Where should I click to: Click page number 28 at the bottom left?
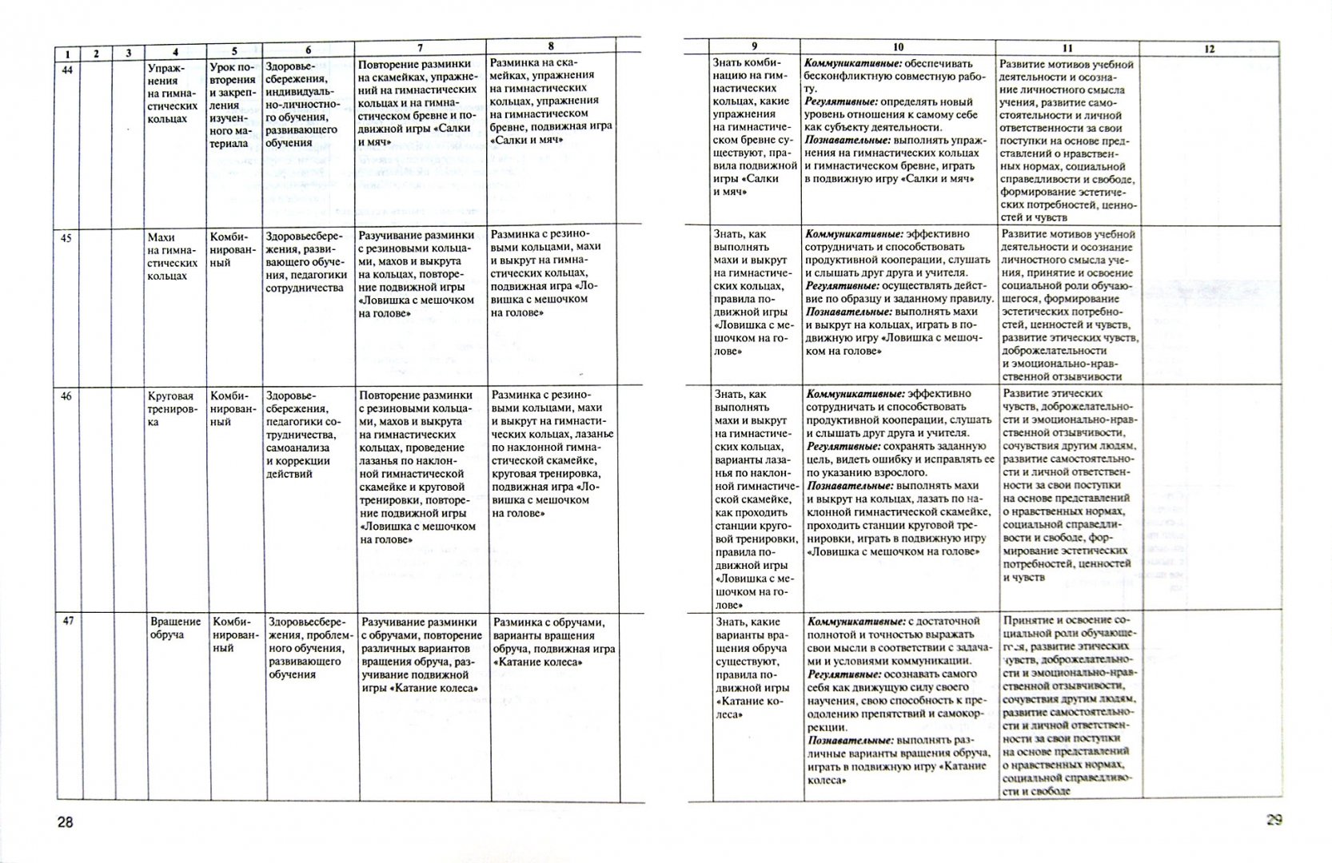(65, 822)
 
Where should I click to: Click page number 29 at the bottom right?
(1274, 820)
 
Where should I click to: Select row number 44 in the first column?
(67, 70)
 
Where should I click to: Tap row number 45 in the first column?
(67, 237)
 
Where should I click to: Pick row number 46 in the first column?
(67, 396)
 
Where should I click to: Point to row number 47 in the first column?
(68, 621)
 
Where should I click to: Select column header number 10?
(898, 47)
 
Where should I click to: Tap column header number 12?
(1209, 49)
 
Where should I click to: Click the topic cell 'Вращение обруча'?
(176, 628)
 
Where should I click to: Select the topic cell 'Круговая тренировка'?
(171, 409)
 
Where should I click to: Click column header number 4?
(176, 53)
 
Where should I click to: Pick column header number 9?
(754, 46)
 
